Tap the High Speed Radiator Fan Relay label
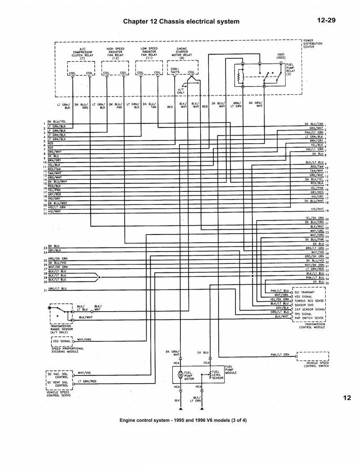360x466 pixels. [116, 53]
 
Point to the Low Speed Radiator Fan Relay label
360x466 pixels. [149, 53]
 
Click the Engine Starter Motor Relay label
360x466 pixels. [182, 53]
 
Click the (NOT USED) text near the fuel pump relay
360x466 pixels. [281, 55]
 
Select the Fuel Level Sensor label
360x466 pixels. [218, 375]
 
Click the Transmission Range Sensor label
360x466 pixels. [64, 328]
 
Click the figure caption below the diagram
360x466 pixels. [183, 420]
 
